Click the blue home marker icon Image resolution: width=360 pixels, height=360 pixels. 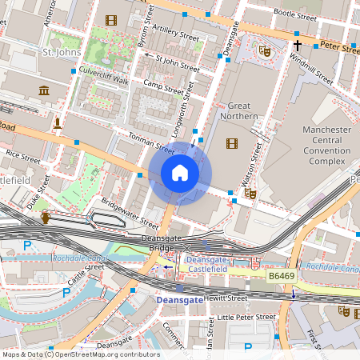[x=180, y=172]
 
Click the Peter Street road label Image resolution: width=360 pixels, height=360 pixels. [x=339, y=49]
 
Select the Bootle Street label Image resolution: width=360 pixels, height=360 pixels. [x=295, y=13]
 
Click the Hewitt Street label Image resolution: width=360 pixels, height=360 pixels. [x=226, y=298]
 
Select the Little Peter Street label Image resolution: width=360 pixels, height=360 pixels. [x=246, y=317]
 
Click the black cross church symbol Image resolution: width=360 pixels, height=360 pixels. [x=297, y=46]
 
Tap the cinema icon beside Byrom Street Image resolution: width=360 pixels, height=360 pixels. [x=110, y=20]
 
